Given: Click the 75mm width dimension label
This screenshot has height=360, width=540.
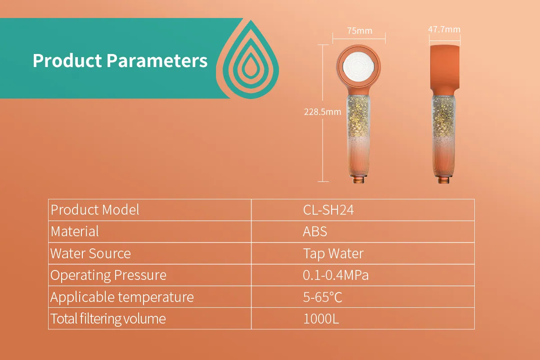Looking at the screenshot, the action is [x=360, y=31].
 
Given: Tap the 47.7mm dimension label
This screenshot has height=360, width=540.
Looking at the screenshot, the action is [x=444, y=29].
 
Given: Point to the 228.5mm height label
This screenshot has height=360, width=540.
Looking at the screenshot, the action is [x=323, y=112].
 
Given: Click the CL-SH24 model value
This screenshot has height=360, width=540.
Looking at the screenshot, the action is [x=328, y=210].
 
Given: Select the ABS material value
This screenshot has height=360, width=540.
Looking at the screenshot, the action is [x=315, y=231].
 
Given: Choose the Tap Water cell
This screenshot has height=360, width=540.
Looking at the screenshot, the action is [x=333, y=254].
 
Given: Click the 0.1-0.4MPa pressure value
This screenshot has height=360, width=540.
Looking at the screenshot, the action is [x=336, y=275].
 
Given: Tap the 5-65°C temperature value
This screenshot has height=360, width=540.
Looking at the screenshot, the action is [x=323, y=297].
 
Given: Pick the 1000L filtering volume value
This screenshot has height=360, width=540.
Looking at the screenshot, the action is [x=321, y=319].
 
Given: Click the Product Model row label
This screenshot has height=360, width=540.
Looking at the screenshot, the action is [x=95, y=210].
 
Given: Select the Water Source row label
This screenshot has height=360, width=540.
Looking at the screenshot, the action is [x=90, y=253].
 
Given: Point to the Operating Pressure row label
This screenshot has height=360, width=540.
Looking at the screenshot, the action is [x=108, y=275].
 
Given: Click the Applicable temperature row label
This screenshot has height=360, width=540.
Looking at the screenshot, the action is [x=122, y=297].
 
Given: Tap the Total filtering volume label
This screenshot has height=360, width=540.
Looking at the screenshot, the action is [x=108, y=319].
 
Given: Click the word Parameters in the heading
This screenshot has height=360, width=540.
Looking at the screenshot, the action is [x=157, y=60].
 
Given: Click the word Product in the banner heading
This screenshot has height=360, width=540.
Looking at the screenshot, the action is [x=67, y=60].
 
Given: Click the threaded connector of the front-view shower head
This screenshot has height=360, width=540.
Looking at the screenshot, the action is [x=359, y=180].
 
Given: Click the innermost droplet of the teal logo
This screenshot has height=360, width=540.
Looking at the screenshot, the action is [x=251, y=66].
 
